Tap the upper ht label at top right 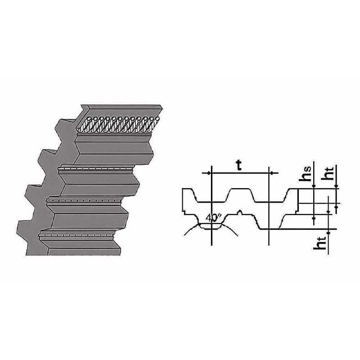(329, 173)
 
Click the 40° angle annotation (212, 218)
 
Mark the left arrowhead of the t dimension (212, 173)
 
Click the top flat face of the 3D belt (121, 109)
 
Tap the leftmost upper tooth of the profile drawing (187, 195)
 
